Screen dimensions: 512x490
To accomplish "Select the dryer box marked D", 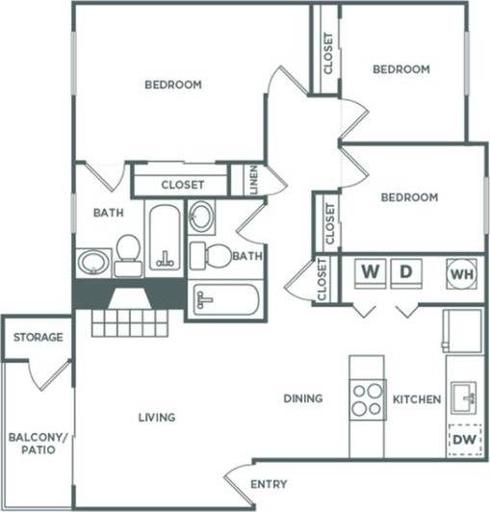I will click(407, 272).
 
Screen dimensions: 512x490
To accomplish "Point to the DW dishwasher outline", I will click(465, 440).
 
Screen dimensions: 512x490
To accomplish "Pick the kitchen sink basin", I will click(464, 395).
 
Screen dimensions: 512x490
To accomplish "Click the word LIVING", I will click(156, 418).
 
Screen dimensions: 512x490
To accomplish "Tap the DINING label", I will click(302, 398).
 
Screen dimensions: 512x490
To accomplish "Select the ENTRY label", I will click(269, 483).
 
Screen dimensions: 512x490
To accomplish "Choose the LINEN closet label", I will click(252, 180).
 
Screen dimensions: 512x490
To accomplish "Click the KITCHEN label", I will click(418, 398).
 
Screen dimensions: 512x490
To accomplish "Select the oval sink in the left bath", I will click(93, 261).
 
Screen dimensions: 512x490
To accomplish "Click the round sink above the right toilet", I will click(202, 218).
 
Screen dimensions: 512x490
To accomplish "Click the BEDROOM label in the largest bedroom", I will click(173, 85).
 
